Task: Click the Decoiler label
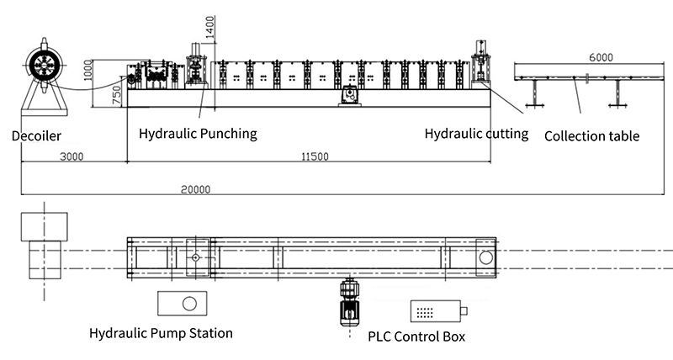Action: click(36, 135)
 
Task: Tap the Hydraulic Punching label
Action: click(198, 134)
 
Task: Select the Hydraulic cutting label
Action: click(476, 133)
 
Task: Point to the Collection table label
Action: click(592, 135)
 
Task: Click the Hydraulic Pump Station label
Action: click(161, 333)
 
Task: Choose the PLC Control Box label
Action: click(416, 337)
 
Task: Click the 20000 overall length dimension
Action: click(196, 189)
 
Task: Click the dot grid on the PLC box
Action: click(426, 312)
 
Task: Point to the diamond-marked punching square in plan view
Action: click(195, 257)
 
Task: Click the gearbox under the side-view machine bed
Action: click(347, 99)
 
